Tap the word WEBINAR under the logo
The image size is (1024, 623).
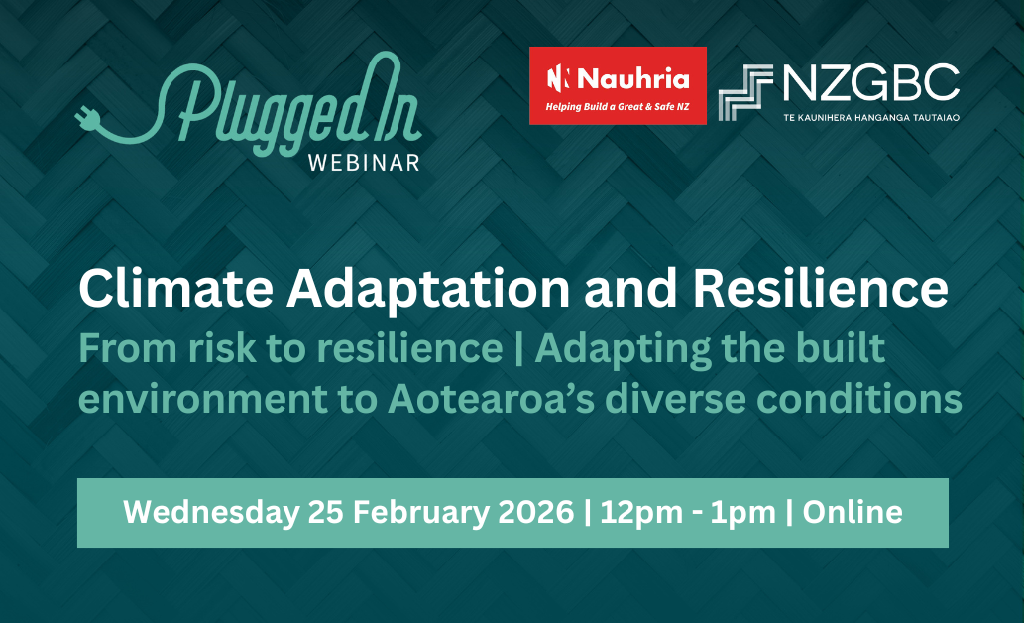(x=364, y=163)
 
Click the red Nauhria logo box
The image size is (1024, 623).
(x=618, y=85)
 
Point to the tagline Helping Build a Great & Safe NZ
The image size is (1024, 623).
(x=618, y=106)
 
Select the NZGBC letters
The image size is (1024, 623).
(x=870, y=82)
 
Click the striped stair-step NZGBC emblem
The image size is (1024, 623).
(x=745, y=92)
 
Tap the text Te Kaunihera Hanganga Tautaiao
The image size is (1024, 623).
(x=871, y=118)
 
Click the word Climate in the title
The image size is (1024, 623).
(x=175, y=288)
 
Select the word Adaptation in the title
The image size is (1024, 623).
(x=428, y=290)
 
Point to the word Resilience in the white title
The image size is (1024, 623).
(x=820, y=288)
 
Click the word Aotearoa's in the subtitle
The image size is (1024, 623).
(x=491, y=399)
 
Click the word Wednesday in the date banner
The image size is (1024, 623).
(x=211, y=512)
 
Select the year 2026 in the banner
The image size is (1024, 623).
(x=536, y=512)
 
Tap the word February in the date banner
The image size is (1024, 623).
(x=421, y=512)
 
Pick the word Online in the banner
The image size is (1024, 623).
(x=853, y=512)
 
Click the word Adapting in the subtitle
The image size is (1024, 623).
(x=623, y=349)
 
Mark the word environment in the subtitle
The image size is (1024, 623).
(x=202, y=400)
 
